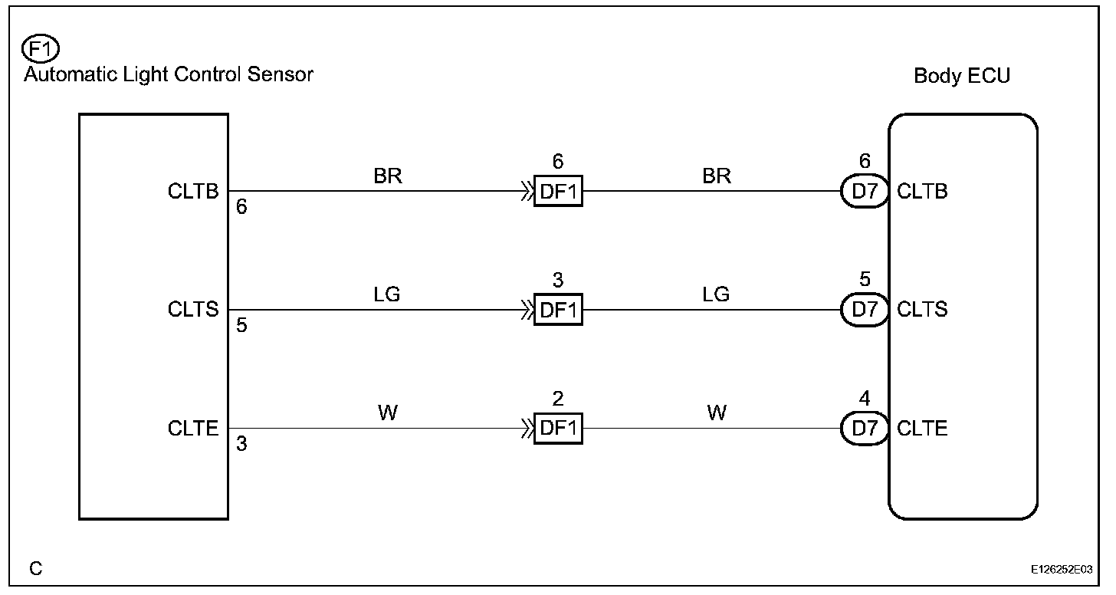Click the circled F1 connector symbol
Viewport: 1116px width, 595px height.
click(x=38, y=51)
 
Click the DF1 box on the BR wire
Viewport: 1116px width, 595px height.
click(x=558, y=192)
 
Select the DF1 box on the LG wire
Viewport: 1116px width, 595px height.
click(x=558, y=311)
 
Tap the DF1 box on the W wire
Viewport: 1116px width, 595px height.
click(x=558, y=429)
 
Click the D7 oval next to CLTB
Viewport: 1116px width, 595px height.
click(x=864, y=192)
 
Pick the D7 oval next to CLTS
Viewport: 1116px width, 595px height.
click(x=864, y=311)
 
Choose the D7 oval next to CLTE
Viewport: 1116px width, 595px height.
click(x=864, y=429)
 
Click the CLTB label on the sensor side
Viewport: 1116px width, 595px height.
click(x=193, y=192)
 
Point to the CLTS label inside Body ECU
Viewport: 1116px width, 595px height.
click(x=922, y=310)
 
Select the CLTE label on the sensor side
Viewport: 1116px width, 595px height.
click(x=193, y=429)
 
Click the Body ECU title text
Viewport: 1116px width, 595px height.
click(x=962, y=76)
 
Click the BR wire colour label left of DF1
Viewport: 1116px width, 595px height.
click(x=388, y=176)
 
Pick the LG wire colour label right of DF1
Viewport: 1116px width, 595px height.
click(x=716, y=294)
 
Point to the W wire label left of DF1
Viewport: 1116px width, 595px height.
click(x=388, y=413)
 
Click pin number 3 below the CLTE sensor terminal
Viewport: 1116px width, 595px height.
click(x=241, y=445)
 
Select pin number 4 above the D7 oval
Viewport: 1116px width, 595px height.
click(x=865, y=399)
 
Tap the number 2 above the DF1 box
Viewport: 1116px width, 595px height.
click(x=558, y=399)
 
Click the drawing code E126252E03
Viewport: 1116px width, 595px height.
click(x=1062, y=570)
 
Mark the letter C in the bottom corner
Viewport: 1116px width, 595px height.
click(x=36, y=569)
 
